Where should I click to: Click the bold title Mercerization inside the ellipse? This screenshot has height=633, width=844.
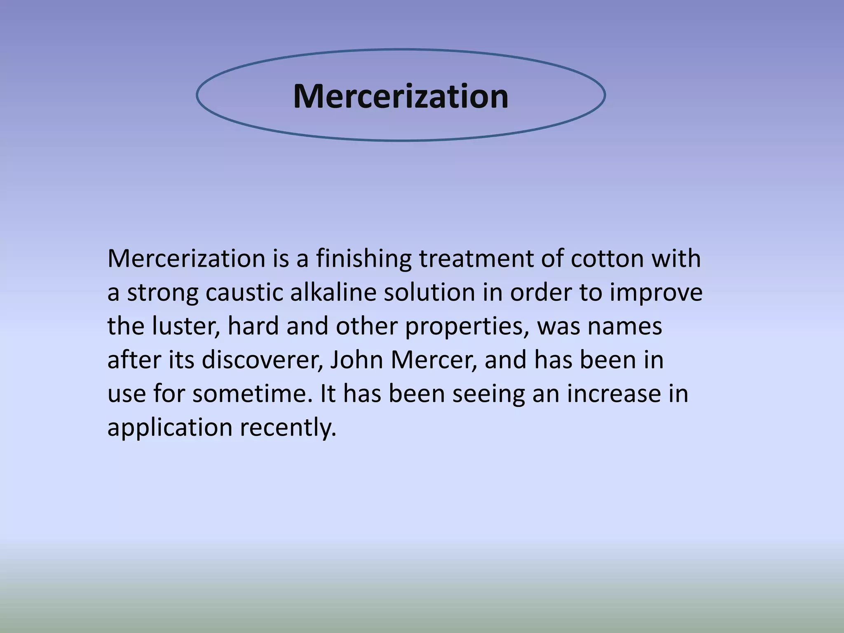(401, 96)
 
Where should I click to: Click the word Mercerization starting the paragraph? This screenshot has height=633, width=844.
(186, 259)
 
